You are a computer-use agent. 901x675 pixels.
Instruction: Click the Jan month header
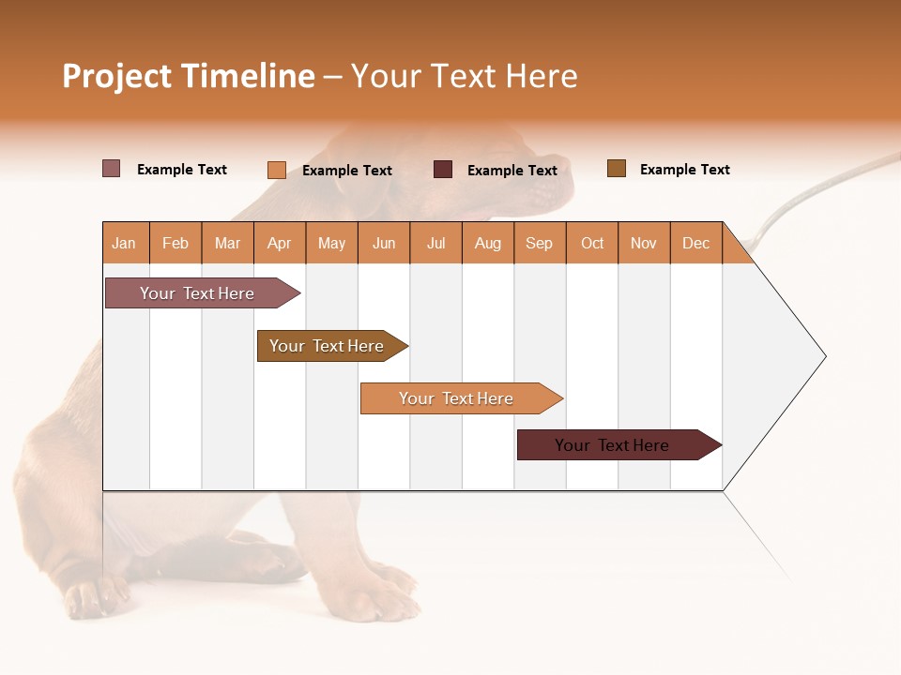pos(124,243)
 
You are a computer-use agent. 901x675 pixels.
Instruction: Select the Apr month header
pos(279,243)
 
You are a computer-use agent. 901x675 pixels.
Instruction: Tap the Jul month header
pos(435,243)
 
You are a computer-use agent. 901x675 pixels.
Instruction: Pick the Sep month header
pos(539,243)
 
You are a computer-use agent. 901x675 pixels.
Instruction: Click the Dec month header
pos(695,243)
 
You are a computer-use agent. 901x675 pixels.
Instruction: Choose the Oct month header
pos(592,243)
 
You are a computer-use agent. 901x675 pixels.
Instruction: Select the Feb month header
pos(176,243)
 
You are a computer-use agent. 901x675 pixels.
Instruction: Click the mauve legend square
pos(111,169)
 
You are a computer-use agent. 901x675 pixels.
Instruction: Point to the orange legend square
pos(276,170)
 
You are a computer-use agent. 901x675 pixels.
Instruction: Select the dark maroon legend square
pos(442,169)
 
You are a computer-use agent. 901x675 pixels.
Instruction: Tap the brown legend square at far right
pos(616,169)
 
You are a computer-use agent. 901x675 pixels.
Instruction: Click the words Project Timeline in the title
pos(188,76)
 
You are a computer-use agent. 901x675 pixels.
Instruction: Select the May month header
pos(331,243)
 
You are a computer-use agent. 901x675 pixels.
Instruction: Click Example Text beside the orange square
pos(346,170)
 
